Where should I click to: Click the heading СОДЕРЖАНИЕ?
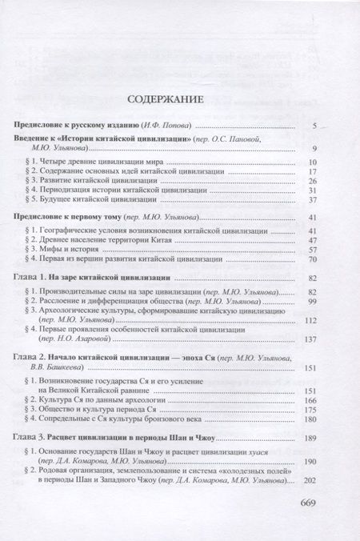180,100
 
